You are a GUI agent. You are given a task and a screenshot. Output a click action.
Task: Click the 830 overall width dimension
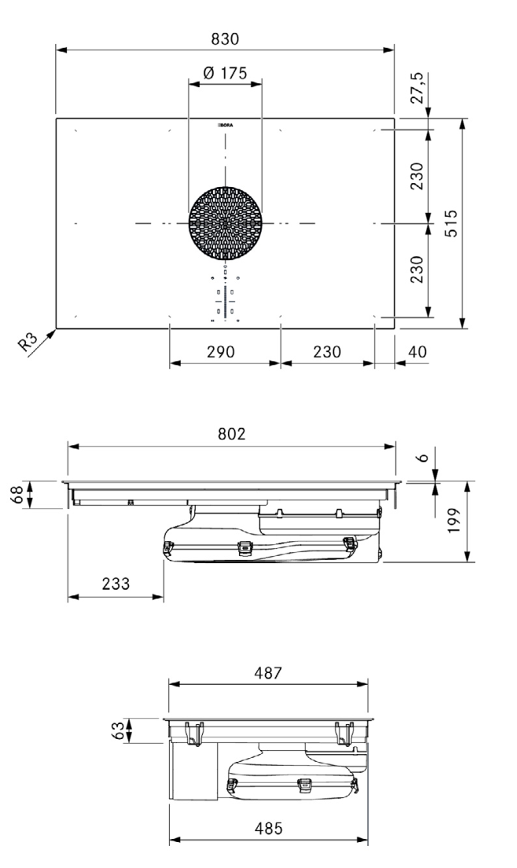pyautogui.click(x=225, y=38)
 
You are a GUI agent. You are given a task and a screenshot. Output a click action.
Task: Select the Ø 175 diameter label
pyautogui.click(x=225, y=73)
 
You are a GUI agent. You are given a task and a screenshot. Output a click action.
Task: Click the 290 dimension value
pyautogui.click(x=225, y=351)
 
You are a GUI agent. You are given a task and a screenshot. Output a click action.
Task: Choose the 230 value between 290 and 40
pyautogui.click(x=328, y=351)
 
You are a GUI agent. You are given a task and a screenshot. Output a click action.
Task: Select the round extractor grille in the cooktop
pyautogui.click(x=225, y=224)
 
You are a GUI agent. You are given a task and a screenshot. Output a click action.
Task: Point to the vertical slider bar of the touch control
pyautogui.click(x=225, y=301)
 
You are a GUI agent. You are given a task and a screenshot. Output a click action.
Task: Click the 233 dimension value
pyautogui.click(x=115, y=583)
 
